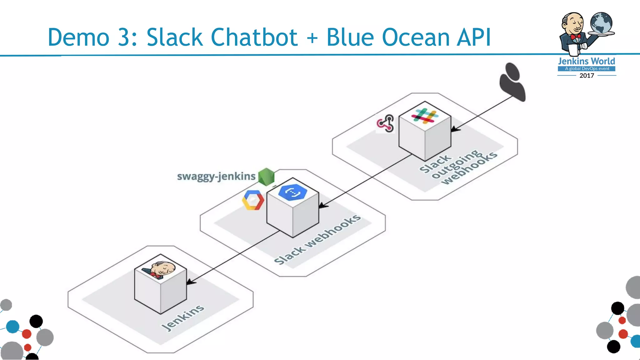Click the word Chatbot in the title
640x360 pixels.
pyautogui.click(x=253, y=37)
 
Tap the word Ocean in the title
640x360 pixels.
pyautogui.click(x=416, y=37)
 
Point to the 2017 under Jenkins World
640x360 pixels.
pyautogui.click(x=587, y=76)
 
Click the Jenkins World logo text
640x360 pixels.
pyautogui.click(x=587, y=61)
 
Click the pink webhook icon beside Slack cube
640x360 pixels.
pyautogui.click(x=385, y=123)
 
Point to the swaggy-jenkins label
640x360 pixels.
pyautogui.click(x=216, y=176)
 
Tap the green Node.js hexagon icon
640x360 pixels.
pyautogui.click(x=267, y=177)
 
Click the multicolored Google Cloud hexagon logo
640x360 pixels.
pyautogui.click(x=253, y=200)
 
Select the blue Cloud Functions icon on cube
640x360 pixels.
pyautogui.click(x=292, y=192)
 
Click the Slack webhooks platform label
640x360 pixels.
pyautogui.click(x=317, y=239)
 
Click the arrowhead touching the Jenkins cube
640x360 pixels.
pyautogui.click(x=191, y=282)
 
